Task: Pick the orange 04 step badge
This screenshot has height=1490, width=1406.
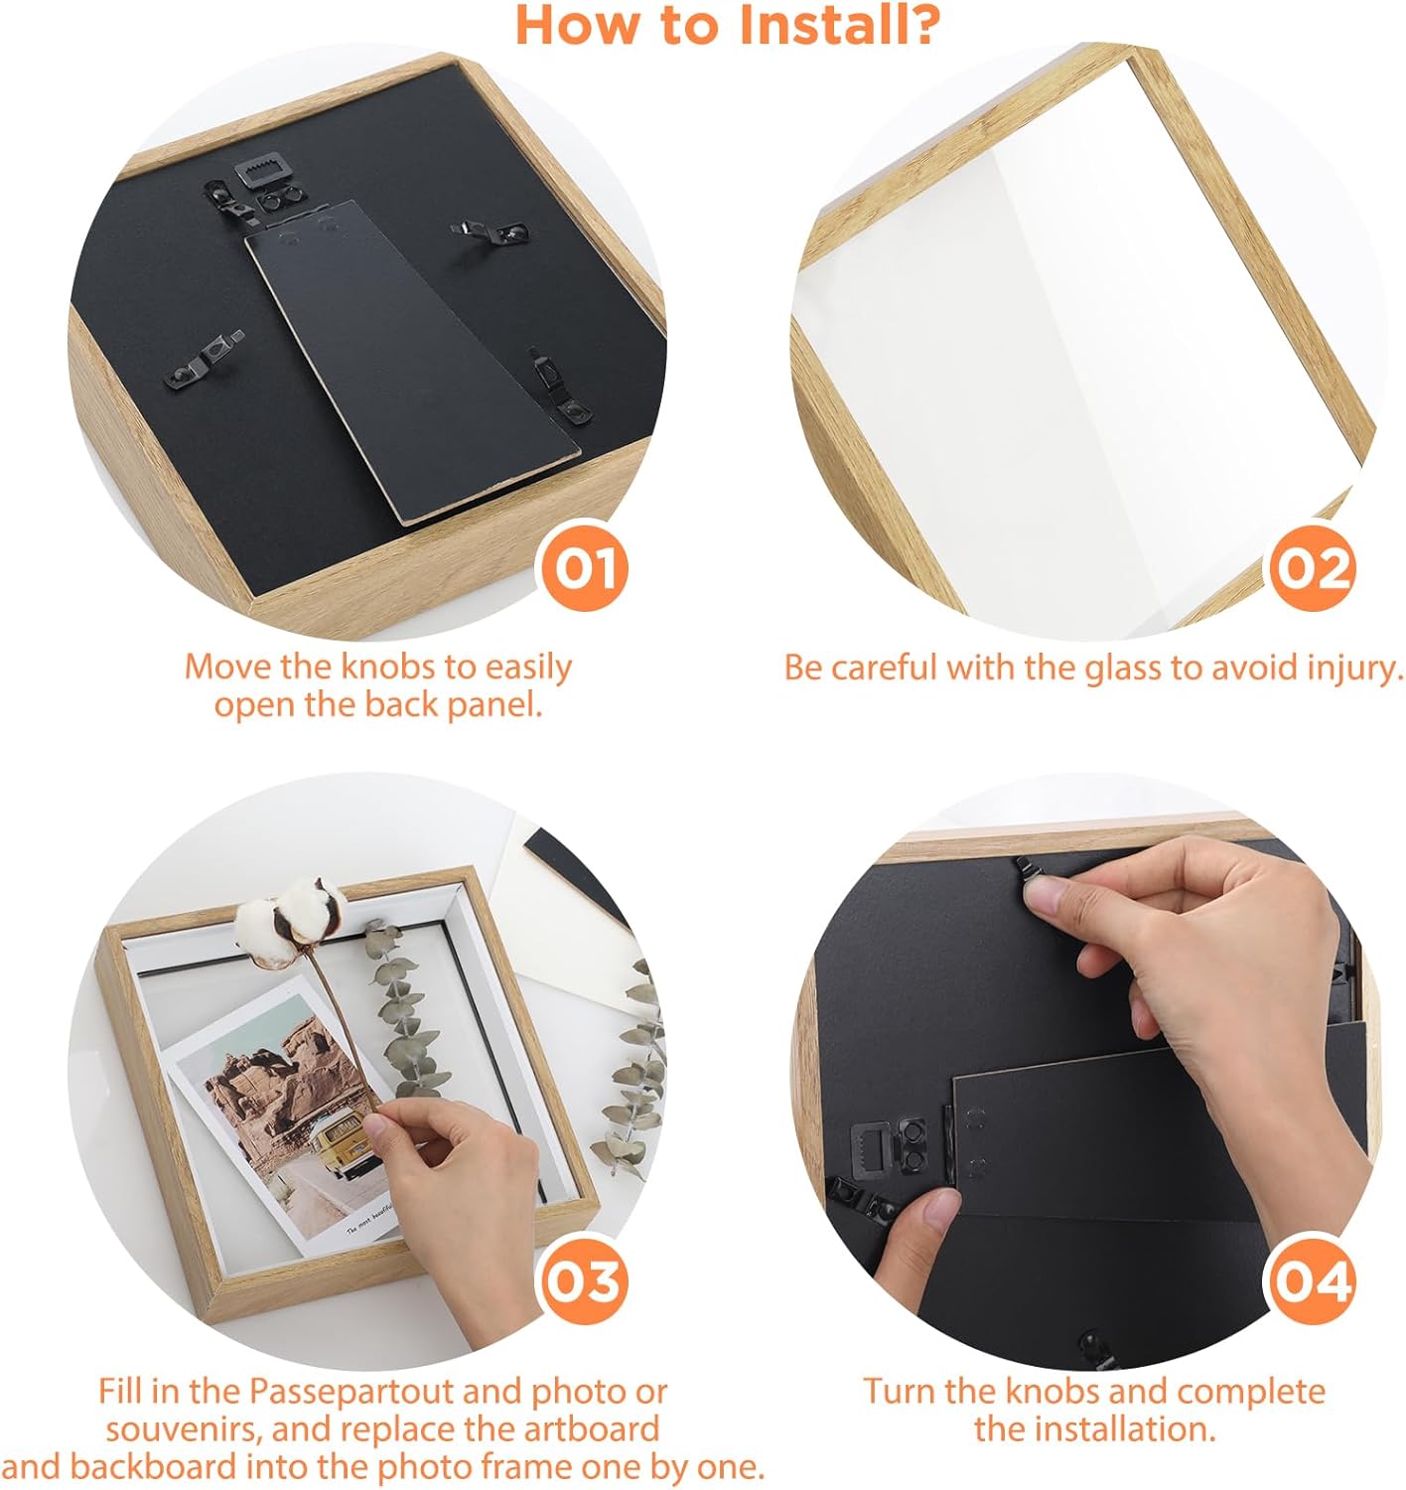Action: tap(1313, 1281)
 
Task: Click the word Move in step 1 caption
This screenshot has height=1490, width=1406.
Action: tap(228, 667)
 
